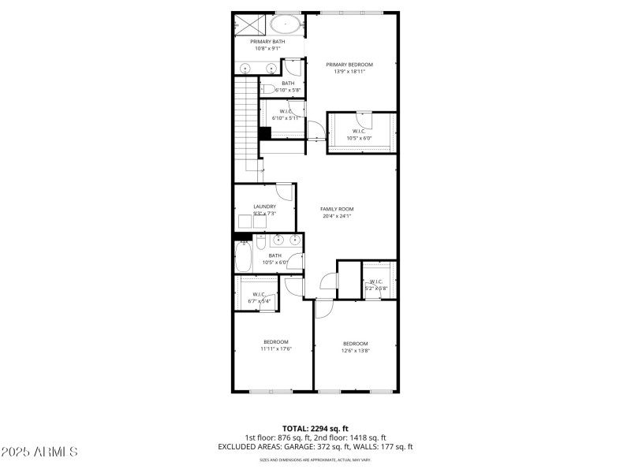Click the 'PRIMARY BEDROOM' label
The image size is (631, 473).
pos(349,65)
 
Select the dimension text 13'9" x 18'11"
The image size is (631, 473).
pos(349,72)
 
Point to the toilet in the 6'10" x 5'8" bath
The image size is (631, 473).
pos(268,88)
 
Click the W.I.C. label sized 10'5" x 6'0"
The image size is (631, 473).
pos(360,131)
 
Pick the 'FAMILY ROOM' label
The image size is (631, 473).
pos(336,209)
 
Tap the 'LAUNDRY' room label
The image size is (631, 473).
pos(264,207)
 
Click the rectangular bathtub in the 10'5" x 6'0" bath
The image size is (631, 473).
pos(244,257)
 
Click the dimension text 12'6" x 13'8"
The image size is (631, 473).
pos(355,351)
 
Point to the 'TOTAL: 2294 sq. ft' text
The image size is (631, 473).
pos(315,428)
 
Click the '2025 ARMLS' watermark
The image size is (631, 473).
pos(39,452)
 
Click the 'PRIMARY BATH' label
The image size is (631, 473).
pos(267,42)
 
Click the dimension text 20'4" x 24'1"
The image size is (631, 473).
pos(336,216)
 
